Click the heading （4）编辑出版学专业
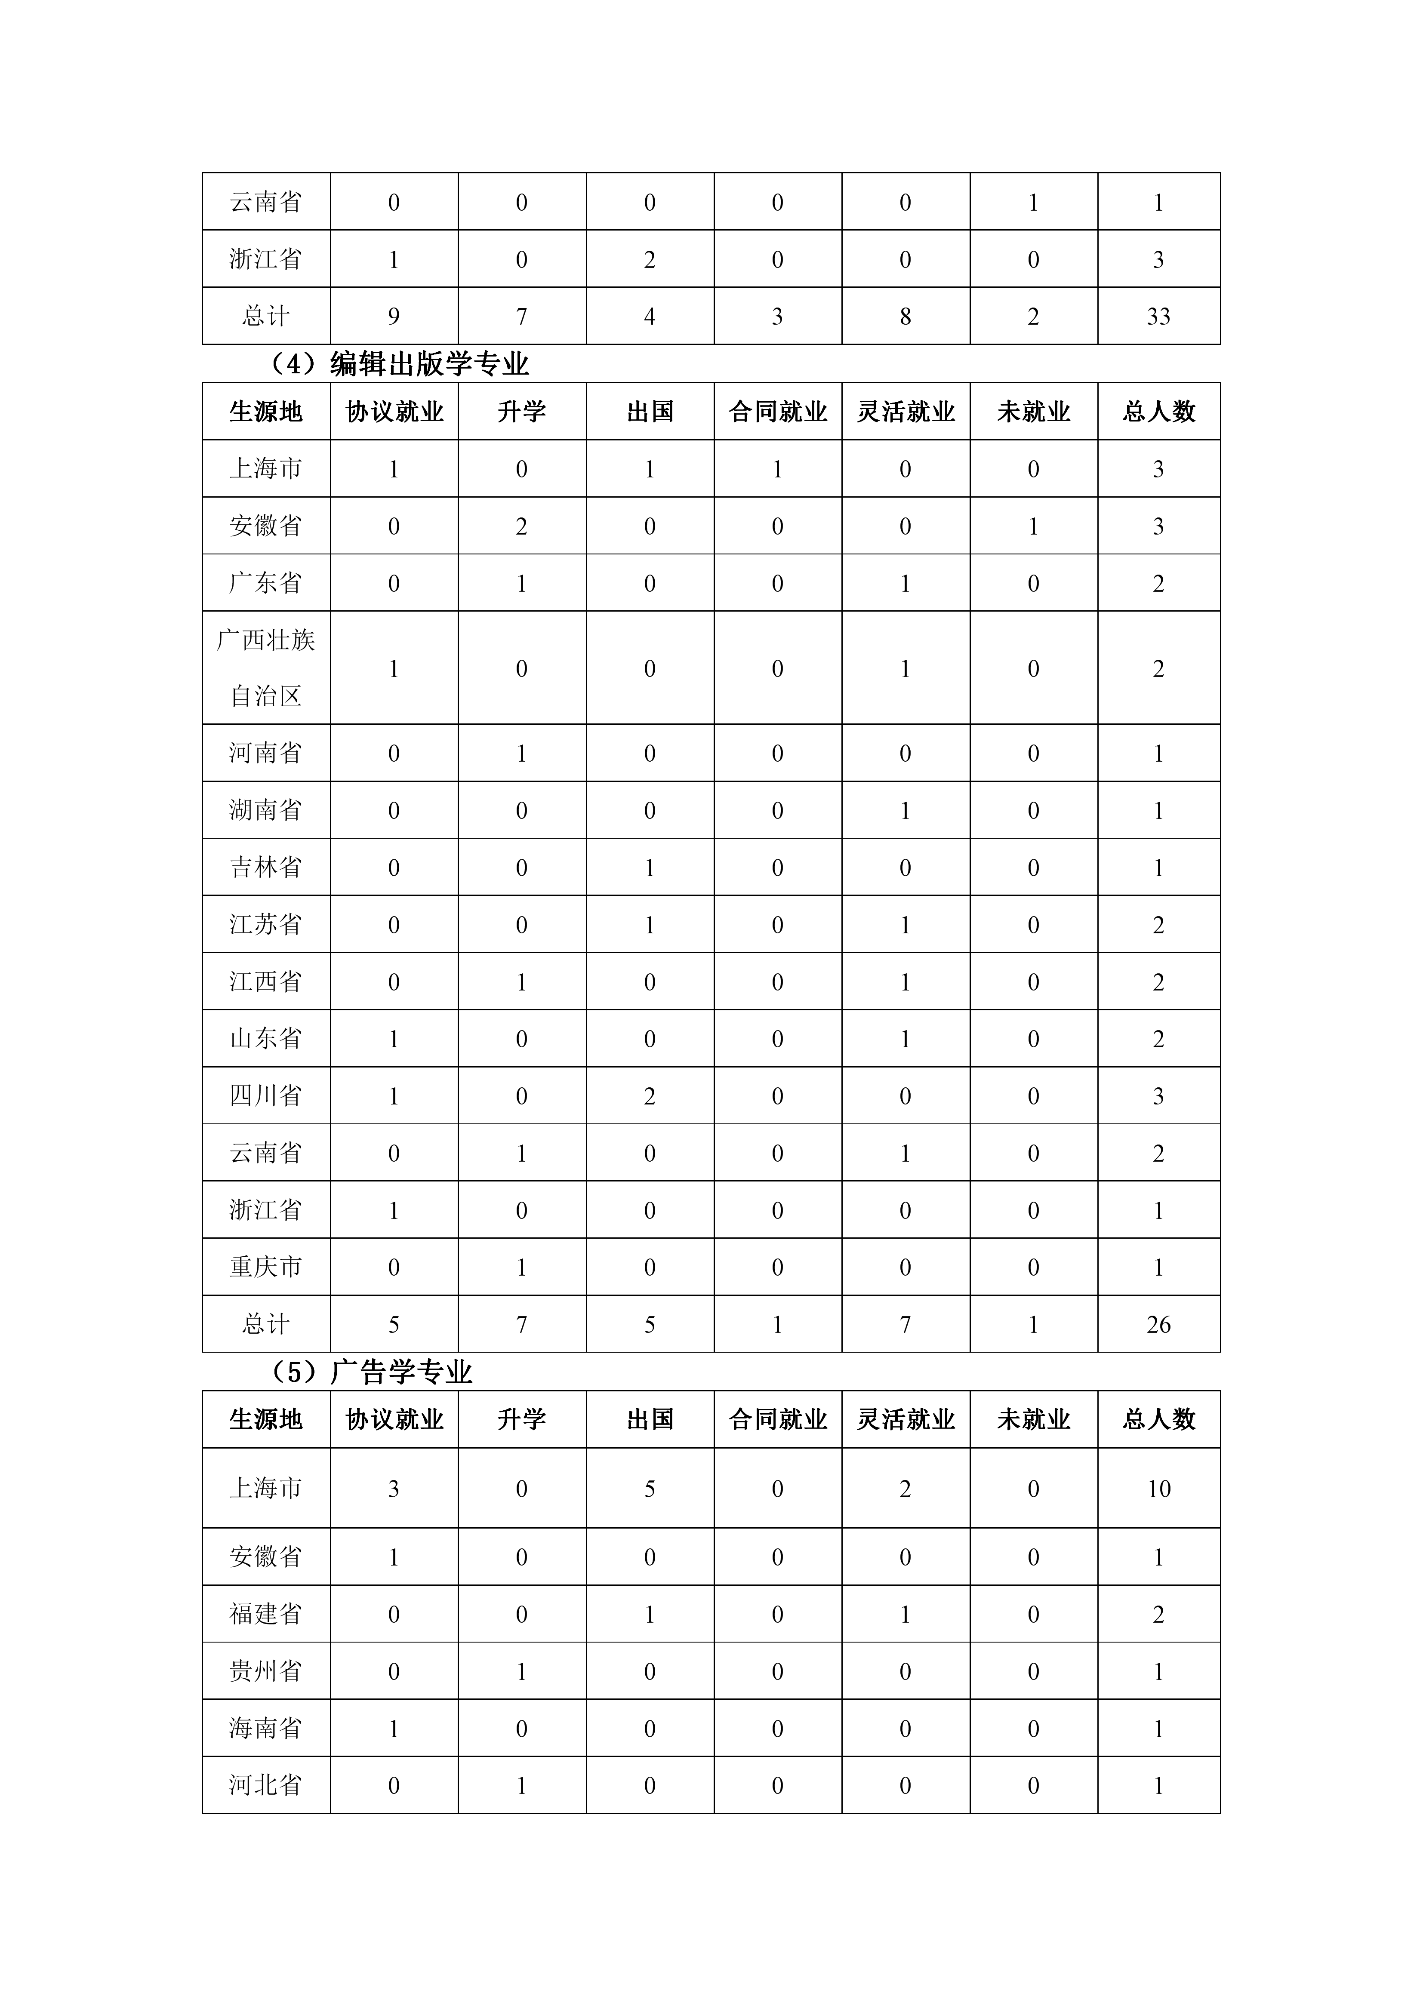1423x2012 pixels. tap(399, 364)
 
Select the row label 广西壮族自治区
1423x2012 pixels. tap(265, 668)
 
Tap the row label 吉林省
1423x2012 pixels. tap(265, 868)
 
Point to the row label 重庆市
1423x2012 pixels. tap(265, 1267)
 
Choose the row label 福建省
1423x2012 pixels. tap(265, 1614)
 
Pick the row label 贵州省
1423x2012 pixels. tap(265, 1671)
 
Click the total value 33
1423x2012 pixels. tap(1158, 317)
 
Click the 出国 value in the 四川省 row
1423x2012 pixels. tap(649, 1096)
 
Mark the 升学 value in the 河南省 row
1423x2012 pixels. tap(521, 754)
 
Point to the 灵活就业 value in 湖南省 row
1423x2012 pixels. tap(905, 811)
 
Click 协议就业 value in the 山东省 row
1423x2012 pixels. tap(394, 1039)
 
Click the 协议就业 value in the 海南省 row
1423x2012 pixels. tap(394, 1728)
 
